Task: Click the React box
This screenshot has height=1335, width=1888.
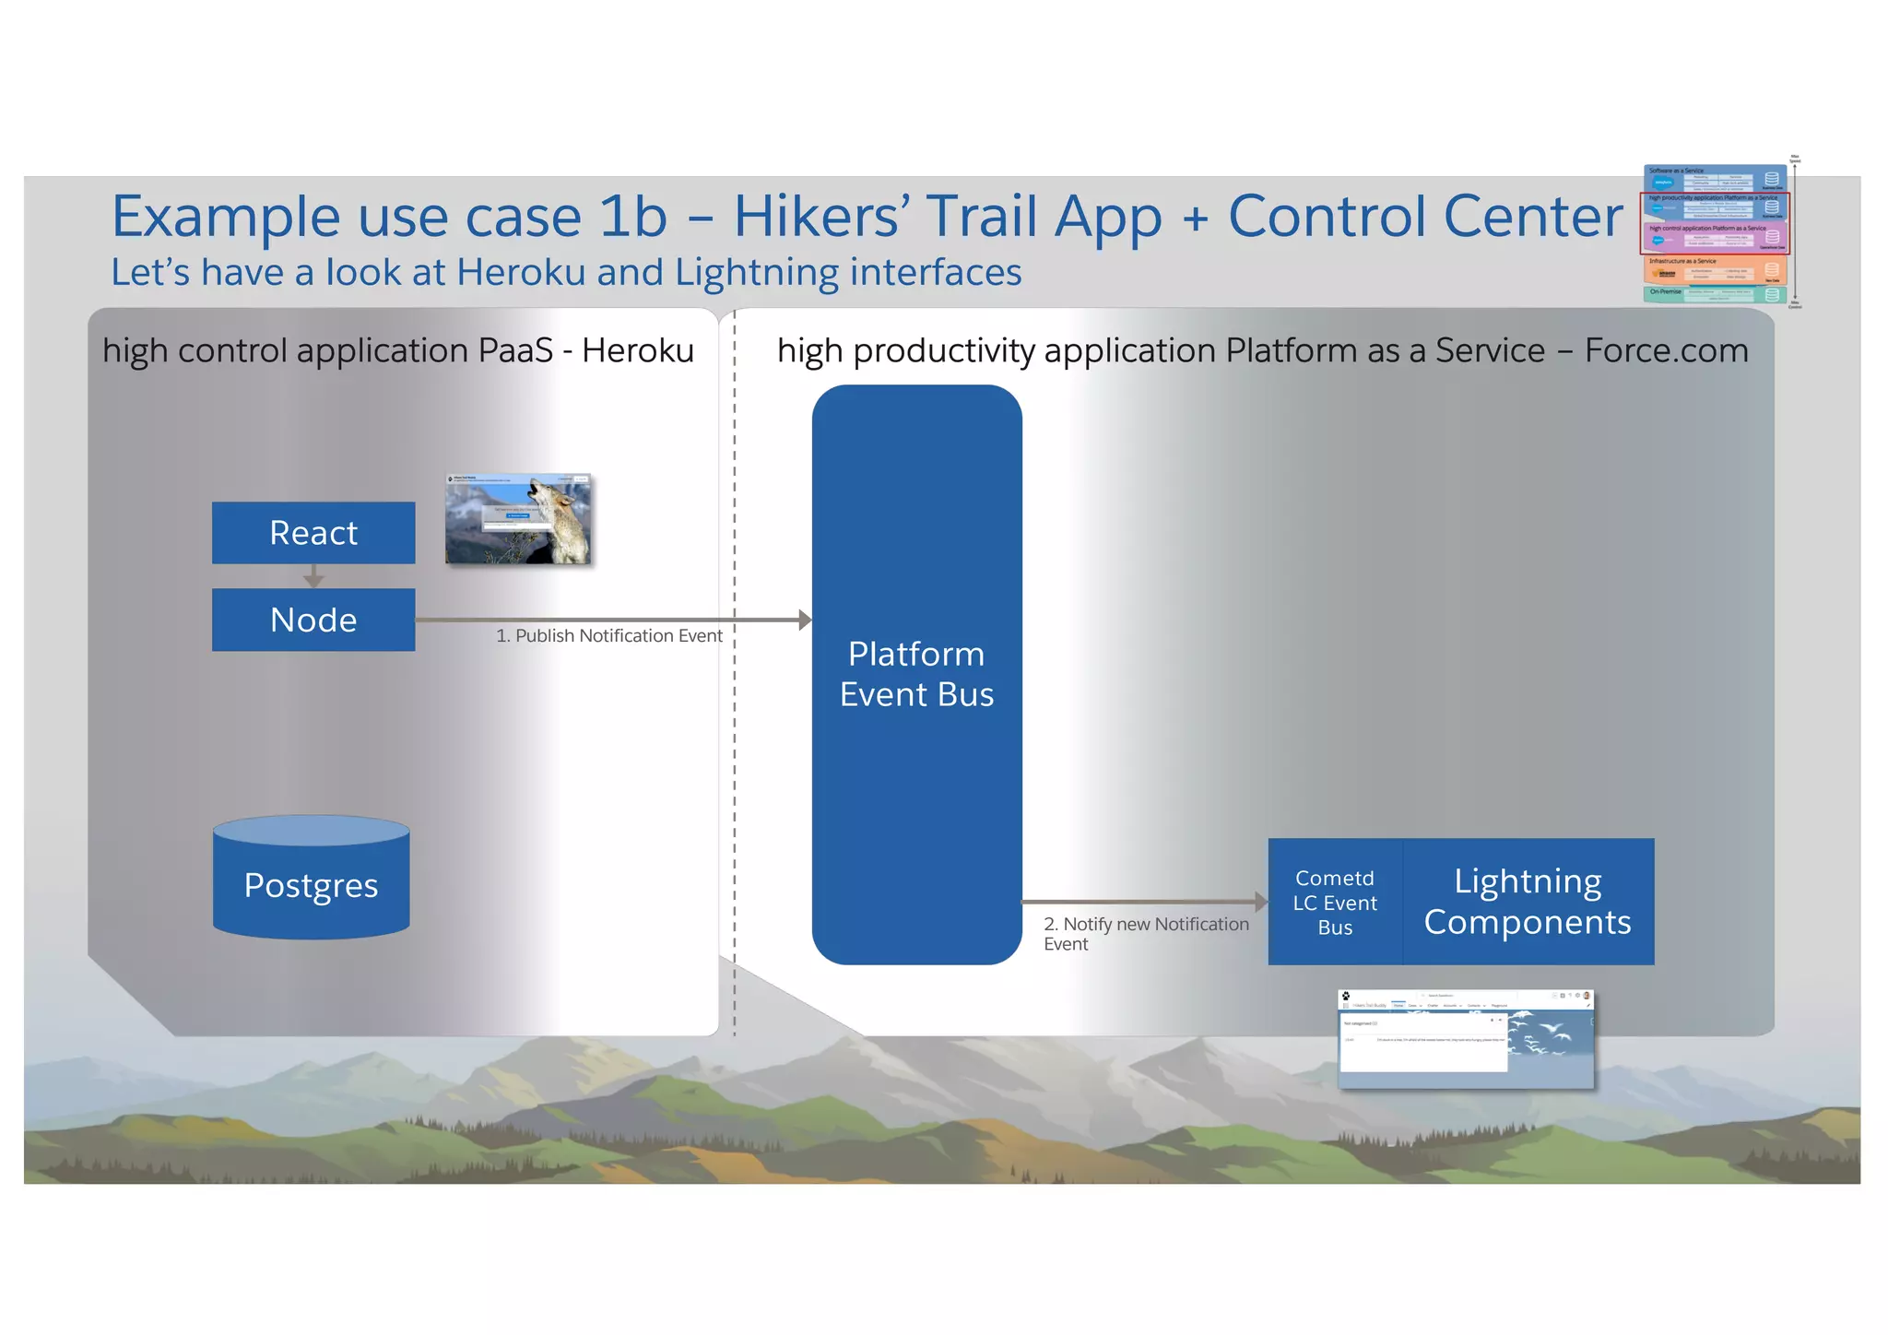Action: click(x=313, y=533)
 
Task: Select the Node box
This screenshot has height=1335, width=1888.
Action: click(x=313, y=620)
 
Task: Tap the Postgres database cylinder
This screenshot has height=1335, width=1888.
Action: click(x=311, y=880)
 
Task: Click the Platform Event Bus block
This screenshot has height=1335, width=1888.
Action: click(x=916, y=675)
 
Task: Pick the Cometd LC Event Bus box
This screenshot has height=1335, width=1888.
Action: click(x=1335, y=902)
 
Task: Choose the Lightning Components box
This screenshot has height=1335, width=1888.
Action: click(x=1528, y=902)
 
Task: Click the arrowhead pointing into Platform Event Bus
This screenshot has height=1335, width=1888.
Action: click(x=805, y=620)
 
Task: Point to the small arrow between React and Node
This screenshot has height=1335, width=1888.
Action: click(x=313, y=577)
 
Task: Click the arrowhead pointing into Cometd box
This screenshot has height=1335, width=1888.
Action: click(x=1261, y=902)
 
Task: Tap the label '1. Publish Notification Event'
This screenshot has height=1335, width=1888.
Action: click(x=608, y=636)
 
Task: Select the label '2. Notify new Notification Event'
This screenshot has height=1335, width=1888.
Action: click(x=1145, y=933)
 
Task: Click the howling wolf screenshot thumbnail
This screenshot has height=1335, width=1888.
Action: click(x=518, y=519)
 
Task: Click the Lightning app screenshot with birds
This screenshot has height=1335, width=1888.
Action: click(x=1466, y=1039)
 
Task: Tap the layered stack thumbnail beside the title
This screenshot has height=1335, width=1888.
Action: click(x=1715, y=233)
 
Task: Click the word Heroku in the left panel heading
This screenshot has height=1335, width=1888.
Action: click(x=637, y=351)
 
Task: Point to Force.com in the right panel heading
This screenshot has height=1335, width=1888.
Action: click(x=1666, y=351)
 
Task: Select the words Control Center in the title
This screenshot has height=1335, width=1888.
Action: click(x=1424, y=217)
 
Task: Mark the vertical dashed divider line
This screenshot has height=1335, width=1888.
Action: click(x=735, y=738)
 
